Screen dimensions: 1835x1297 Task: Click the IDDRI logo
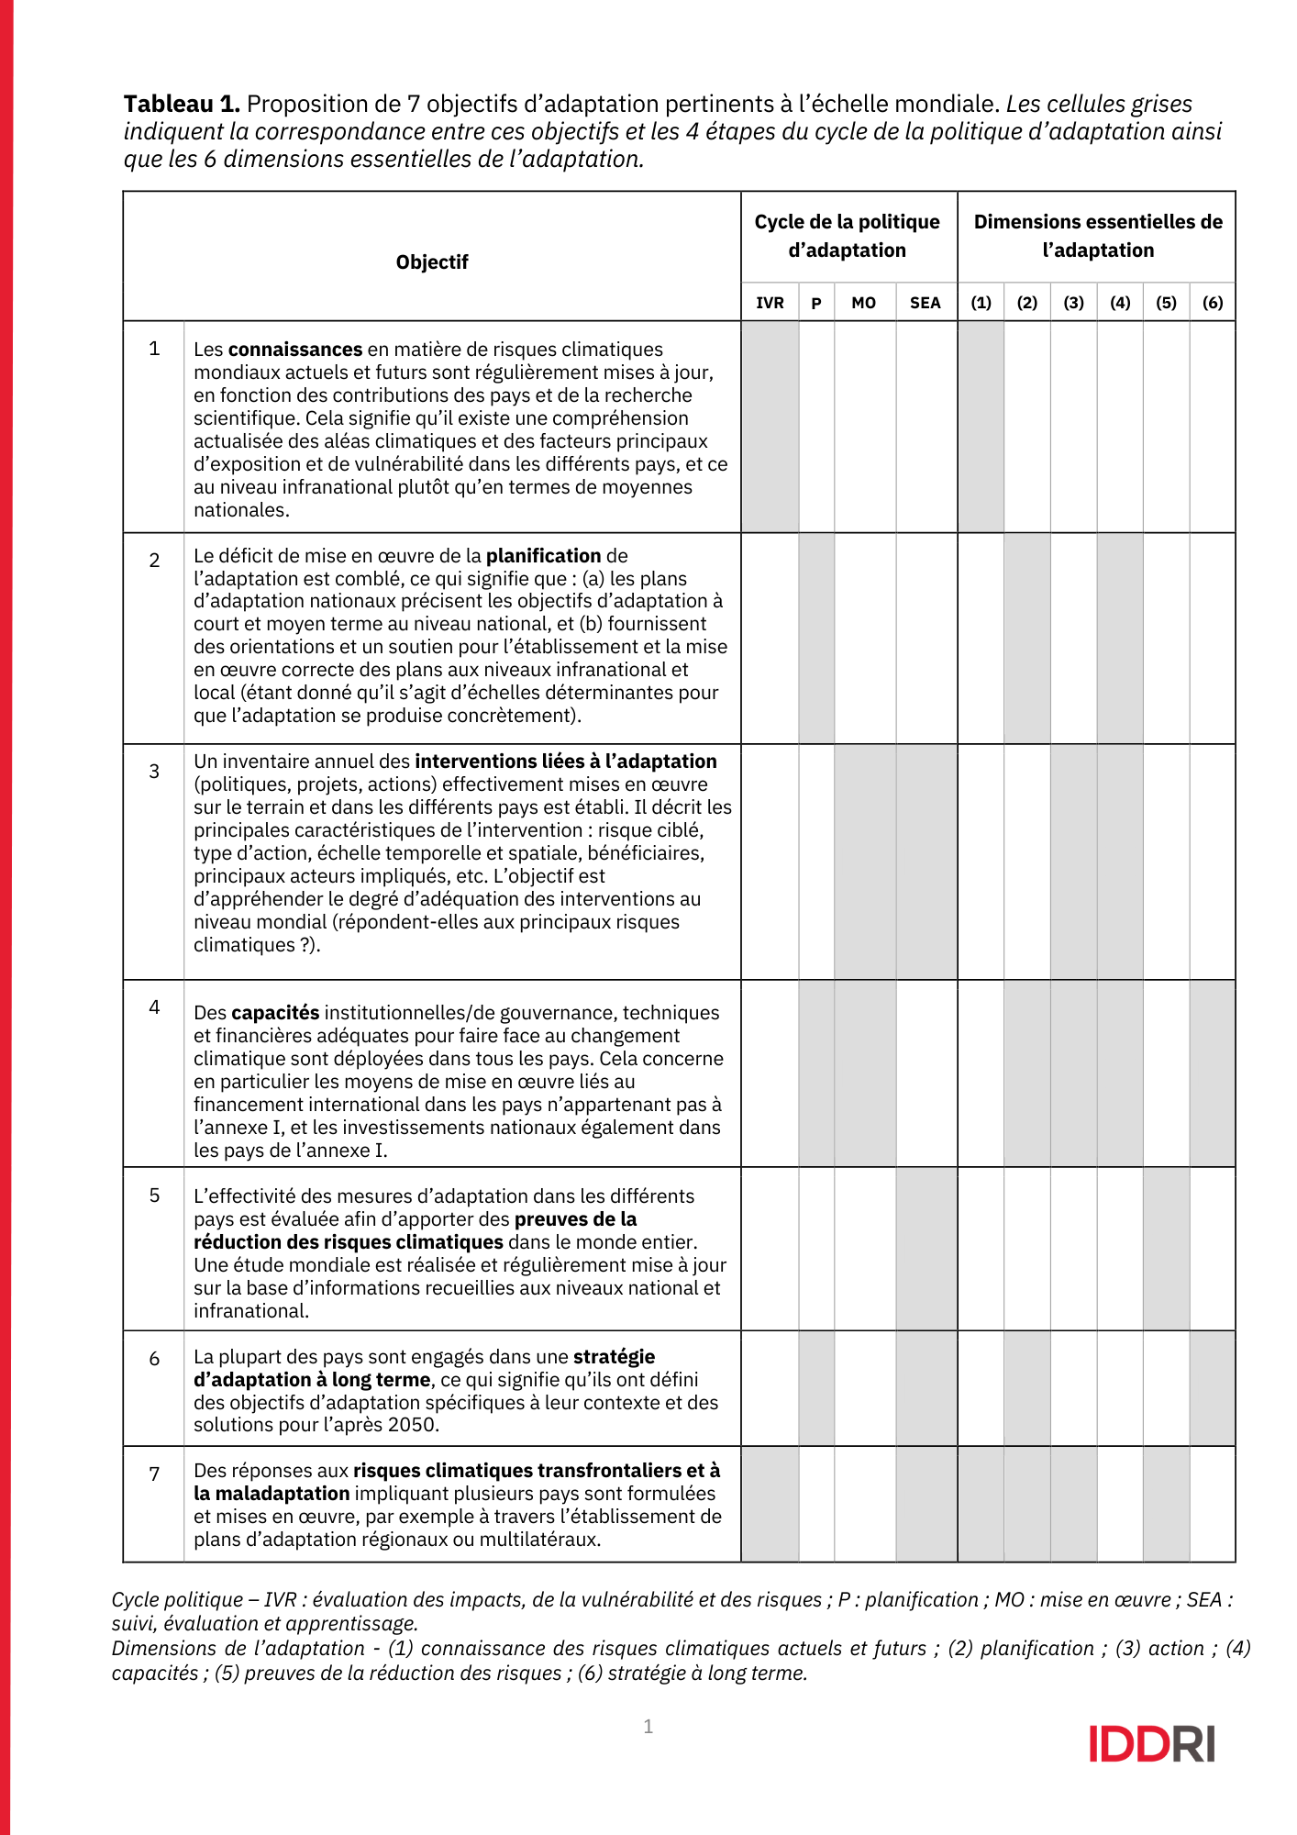pyautogui.click(x=1151, y=1743)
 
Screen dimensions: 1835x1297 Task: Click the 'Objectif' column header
pyautogui.click(x=432, y=262)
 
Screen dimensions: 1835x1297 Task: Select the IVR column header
pyautogui.click(x=770, y=303)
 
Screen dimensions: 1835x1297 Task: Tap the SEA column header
pyautogui.click(x=926, y=303)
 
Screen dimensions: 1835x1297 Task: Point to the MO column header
pyautogui.click(x=863, y=303)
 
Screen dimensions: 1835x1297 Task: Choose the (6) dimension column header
pyautogui.click(x=1213, y=303)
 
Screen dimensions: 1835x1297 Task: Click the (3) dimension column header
pyautogui.click(x=1073, y=303)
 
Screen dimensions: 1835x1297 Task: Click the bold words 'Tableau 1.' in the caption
pyautogui.click(x=182, y=104)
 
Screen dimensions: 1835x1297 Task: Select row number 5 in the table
pyautogui.click(x=154, y=1196)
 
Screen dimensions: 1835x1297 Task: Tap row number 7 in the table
pyautogui.click(x=154, y=1474)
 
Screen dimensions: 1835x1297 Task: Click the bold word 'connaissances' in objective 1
pyautogui.click(x=295, y=350)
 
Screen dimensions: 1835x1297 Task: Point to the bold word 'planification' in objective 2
pyautogui.click(x=543, y=556)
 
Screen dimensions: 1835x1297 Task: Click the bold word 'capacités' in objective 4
pyautogui.click(x=275, y=1013)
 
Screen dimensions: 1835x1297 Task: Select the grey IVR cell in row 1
pyautogui.click(x=770, y=427)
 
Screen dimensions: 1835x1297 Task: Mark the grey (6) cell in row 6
pyautogui.click(x=1213, y=1388)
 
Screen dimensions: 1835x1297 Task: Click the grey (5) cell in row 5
pyautogui.click(x=1166, y=1249)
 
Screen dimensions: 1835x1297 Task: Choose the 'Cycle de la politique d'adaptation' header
pyautogui.click(x=848, y=236)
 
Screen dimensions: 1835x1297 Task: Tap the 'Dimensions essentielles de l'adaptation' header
pyautogui.click(x=1097, y=236)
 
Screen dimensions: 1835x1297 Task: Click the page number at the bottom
pyautogui.click(x=648, y=1727)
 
